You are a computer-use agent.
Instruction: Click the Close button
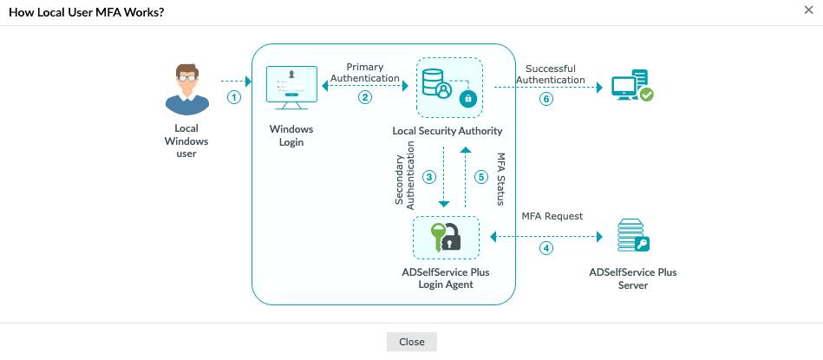tap(411, 342)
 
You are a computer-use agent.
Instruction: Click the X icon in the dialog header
tap(808, 11)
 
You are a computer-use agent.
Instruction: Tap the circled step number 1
tap(233, 97)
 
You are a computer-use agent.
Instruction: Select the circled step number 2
tap(365, 97)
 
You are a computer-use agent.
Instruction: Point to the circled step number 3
tap(428, 176)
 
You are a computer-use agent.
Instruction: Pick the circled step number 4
tap(545, 248)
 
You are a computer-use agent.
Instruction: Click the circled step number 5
tap(481, 176)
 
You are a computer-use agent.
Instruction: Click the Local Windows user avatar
tap(186, 88)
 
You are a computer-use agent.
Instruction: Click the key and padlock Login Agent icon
tap(446, 237)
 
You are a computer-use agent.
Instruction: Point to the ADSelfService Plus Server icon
tap(632, 237)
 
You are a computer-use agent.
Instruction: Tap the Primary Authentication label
tap(365, 73)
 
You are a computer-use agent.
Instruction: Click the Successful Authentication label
tap(551, 75)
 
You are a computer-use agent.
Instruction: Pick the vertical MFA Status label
tap(500, 179)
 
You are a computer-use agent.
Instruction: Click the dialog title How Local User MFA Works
tap(87, 12)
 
